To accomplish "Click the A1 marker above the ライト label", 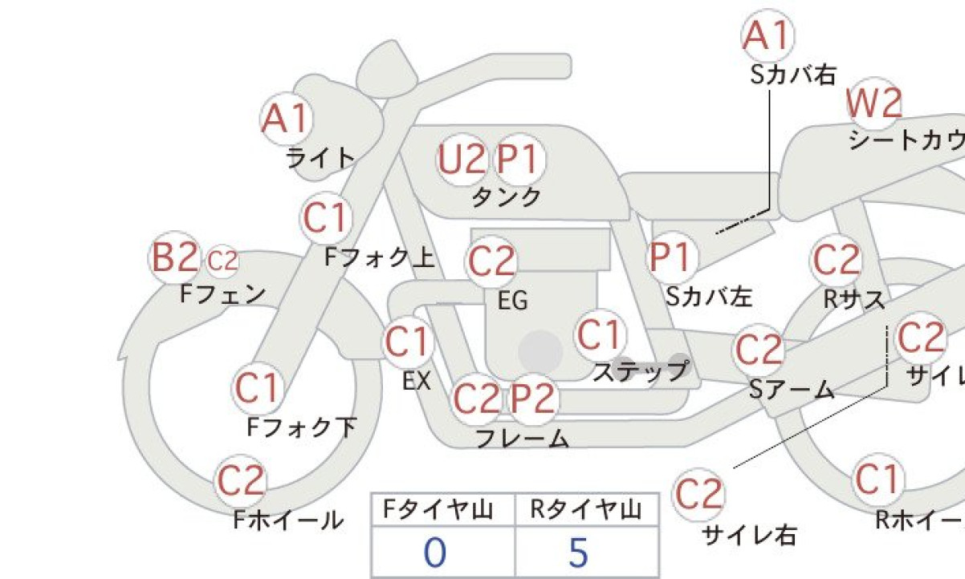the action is [x=287, y=118].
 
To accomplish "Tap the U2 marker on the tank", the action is [x=462, y=159].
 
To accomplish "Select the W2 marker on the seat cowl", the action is [x=873, y=103].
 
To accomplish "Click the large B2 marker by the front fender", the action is [x=174, y=257].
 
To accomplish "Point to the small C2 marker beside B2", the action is [x=222, y=261].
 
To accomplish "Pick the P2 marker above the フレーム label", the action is [x=533, y=399].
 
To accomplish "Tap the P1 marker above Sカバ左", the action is [x=673, y=257].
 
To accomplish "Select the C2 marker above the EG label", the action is [x=491, y=261].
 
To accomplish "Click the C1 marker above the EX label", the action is [x=408, y=342].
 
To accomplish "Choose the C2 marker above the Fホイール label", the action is [x=241, y=480].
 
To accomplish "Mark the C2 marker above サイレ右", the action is [x=698, y=493].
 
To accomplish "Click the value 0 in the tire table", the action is [x=434, y=553].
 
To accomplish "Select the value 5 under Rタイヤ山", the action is [x=579, y=553].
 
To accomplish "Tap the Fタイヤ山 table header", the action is [x=438, y=510].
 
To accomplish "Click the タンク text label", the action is [x=507, y=197].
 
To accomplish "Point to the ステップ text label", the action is [x=641, y=371].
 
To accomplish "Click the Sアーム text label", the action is [x=792, y=389].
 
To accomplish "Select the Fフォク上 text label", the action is [x=379, y=257].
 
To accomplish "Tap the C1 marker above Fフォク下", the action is [x=258, y=387].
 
